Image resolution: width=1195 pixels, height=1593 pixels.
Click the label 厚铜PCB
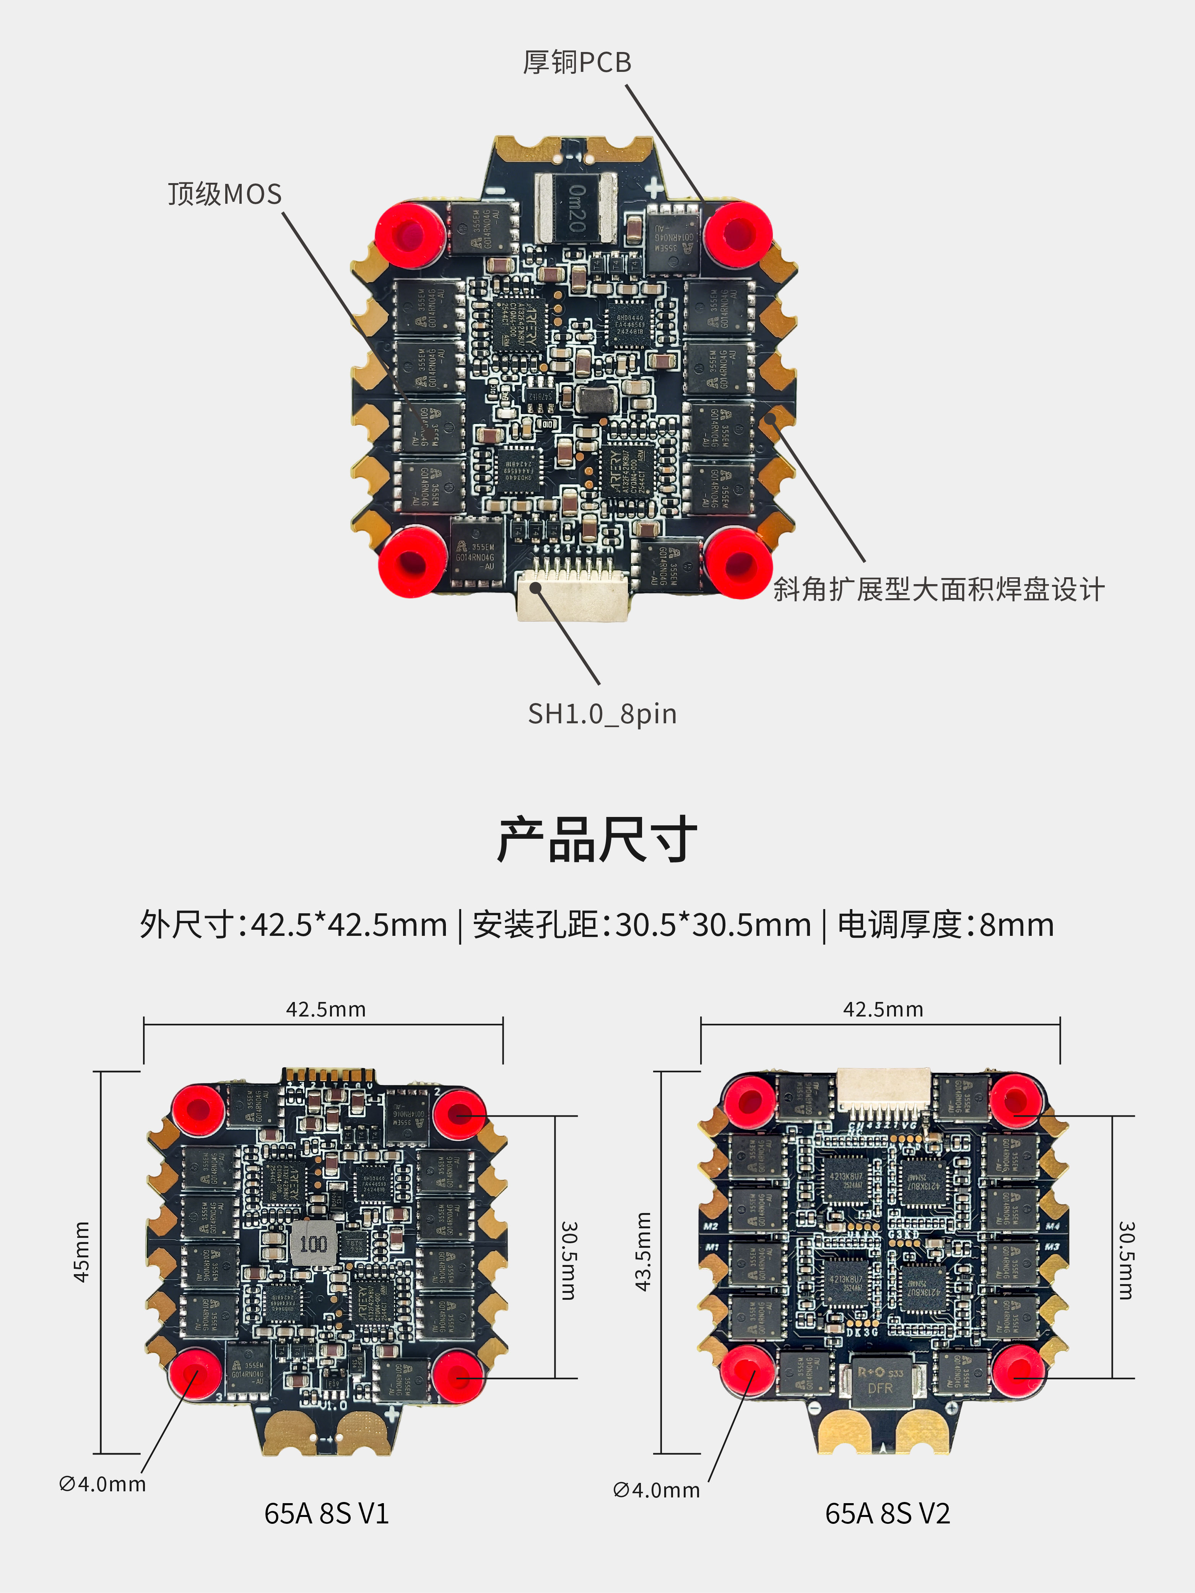(x=577, y=63)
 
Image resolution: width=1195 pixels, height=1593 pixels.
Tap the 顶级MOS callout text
(x=225, y=194)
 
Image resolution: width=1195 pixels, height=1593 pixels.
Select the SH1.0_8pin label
(x=602, y=714)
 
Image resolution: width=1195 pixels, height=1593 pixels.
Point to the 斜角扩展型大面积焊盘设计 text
(x=938, y=589)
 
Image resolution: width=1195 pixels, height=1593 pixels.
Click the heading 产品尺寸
(x=597, y=840)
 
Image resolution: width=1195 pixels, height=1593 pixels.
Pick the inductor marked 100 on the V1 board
(x=313, y=1243)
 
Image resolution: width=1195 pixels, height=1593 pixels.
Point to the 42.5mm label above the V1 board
(x=325, y=1009)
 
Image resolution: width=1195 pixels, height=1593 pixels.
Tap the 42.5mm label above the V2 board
(x=883, y=1009)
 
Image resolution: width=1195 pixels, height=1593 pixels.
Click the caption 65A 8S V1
(x=326, y=1513)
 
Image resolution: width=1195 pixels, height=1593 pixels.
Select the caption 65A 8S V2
(x=888, y=1513)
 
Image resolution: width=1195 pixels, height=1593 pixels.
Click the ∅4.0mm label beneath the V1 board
(x=102, y=1484)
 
